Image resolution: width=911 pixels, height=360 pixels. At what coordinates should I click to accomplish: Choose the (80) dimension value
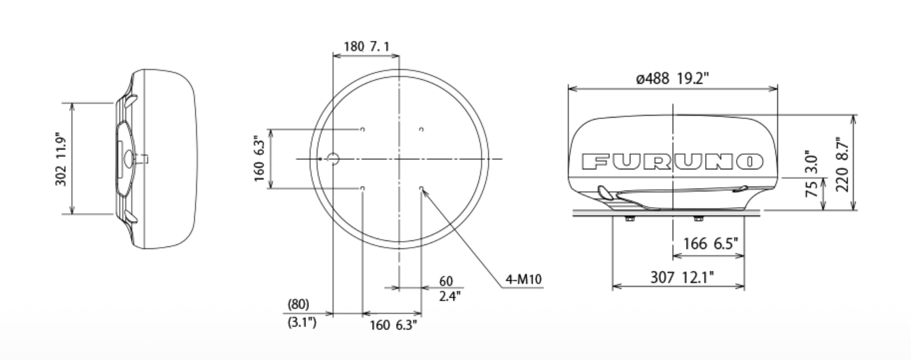pyautogui.click(x=298, y=304)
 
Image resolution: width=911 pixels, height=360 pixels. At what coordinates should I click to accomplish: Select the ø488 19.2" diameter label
pyautogui.click(x=672, y=78)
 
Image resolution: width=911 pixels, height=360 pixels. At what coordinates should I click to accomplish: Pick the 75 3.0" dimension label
pyautogui.click(x=811, y=174)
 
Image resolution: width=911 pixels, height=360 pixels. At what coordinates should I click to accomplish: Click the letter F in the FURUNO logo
pyautogui.click(x=593, y=161)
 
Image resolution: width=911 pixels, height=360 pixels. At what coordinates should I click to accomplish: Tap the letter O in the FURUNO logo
pyautogui.click(x=751, y=161)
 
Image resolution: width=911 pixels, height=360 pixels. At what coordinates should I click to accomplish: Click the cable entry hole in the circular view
pyautogui.click(x=334, y=159)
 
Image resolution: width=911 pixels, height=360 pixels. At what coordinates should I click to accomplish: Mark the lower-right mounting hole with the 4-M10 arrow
pyautogui.click(x=421, y=189)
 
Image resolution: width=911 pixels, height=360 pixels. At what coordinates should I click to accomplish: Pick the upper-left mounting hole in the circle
pyautogui.click(x=362, y=129)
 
